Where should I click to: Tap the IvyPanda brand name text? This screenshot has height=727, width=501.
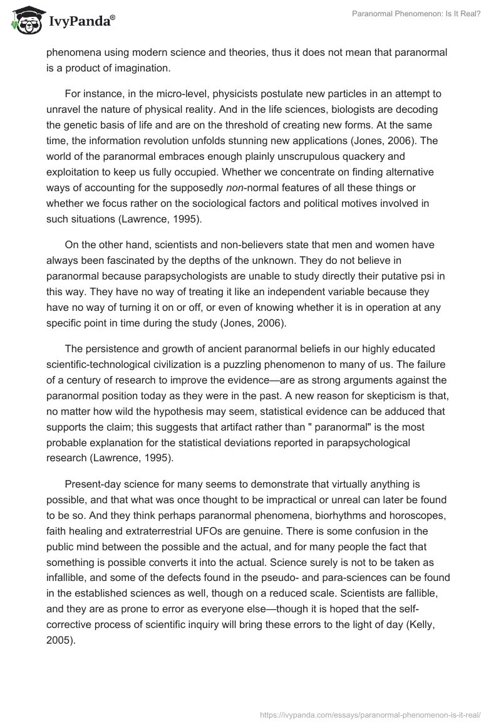pyautogui.click(x=81, y=23)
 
